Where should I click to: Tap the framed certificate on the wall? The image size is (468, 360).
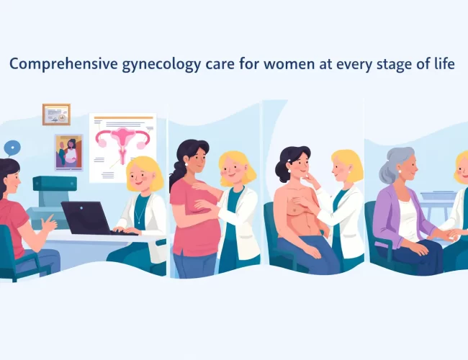point(56,114)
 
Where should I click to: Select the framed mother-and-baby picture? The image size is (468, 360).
point(68,152)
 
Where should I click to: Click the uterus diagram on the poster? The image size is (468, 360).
point(122,140)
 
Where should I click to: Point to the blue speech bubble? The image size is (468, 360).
point(12,148)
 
